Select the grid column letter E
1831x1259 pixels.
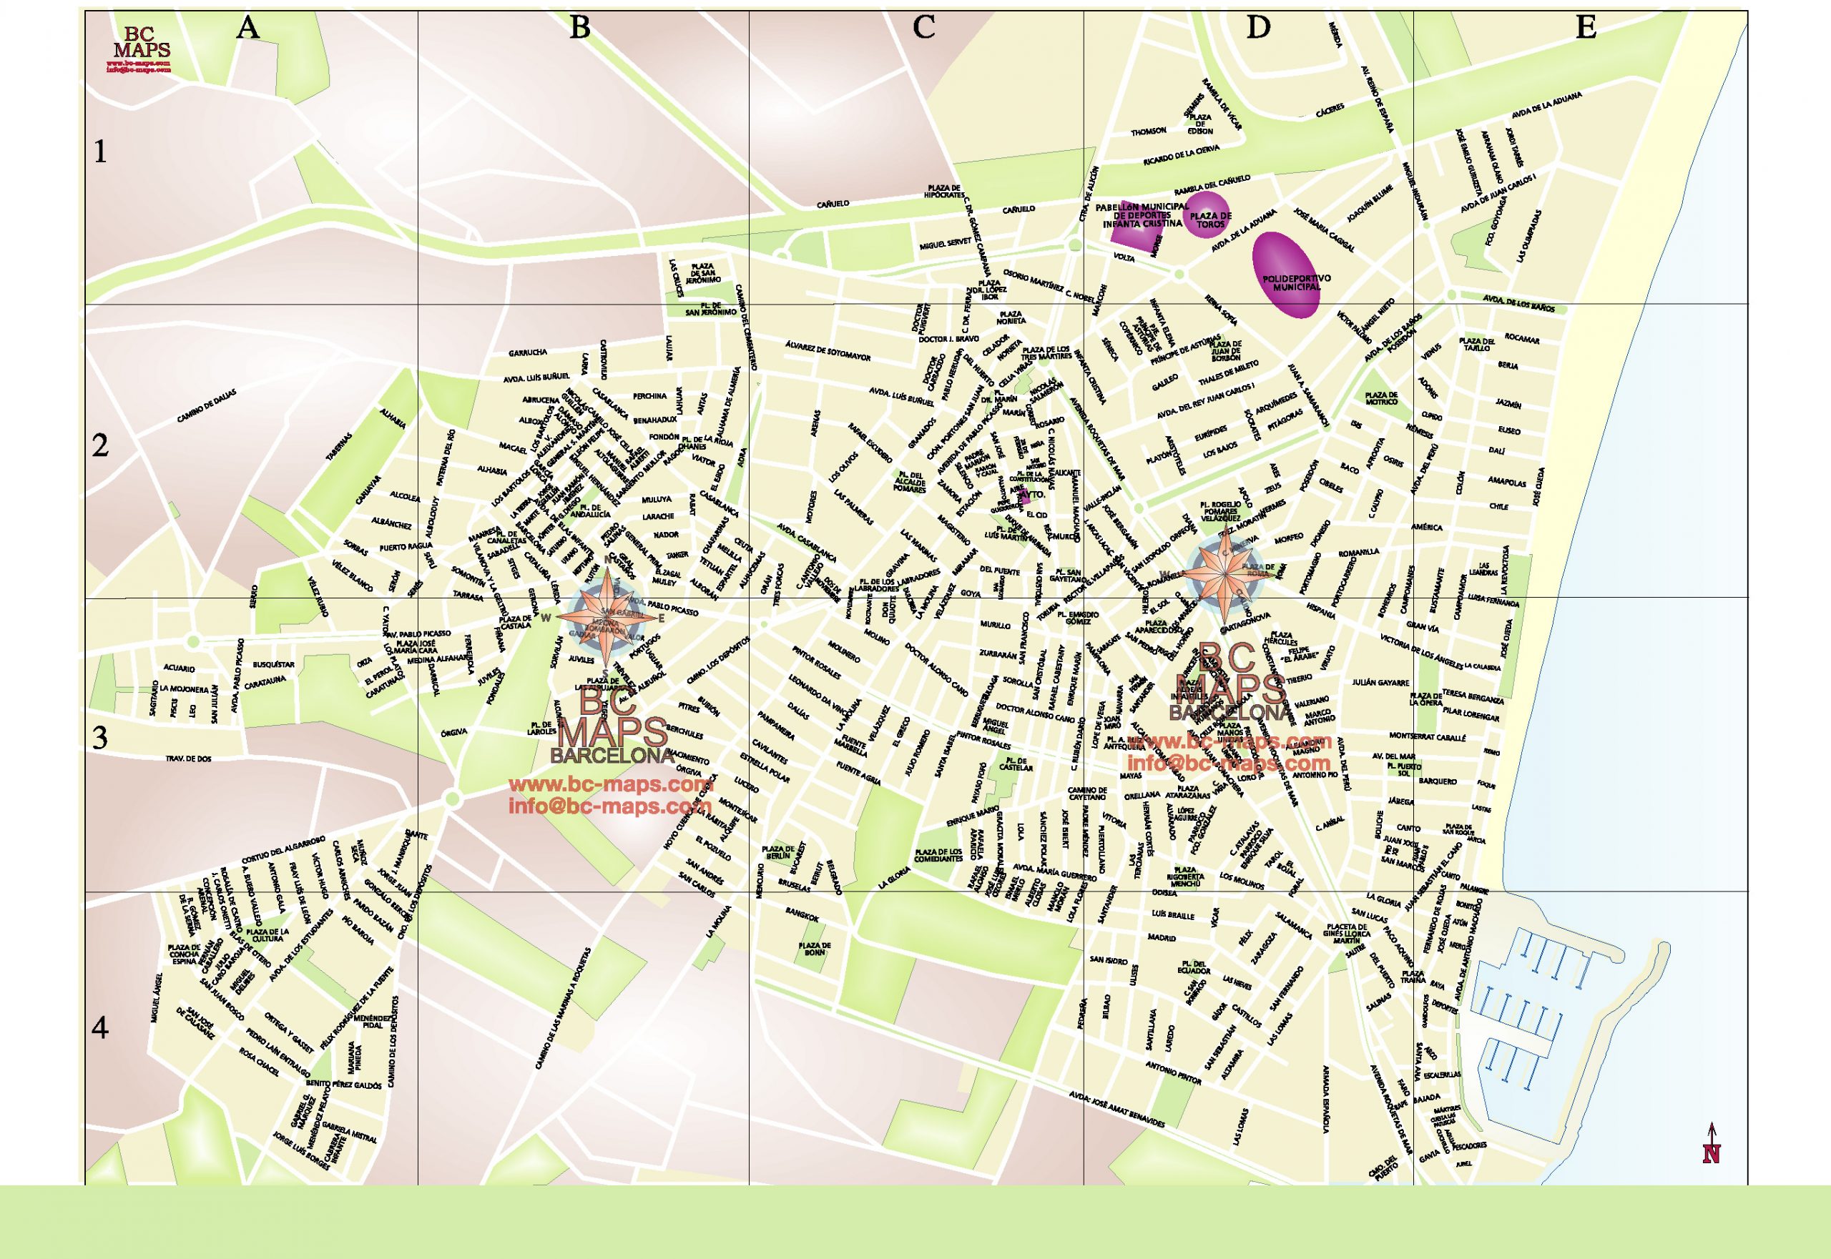click(1586, 29)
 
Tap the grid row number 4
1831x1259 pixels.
click(99, 1028)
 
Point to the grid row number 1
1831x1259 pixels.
click(99, 151)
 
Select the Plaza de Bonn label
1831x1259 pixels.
click(815, 949)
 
